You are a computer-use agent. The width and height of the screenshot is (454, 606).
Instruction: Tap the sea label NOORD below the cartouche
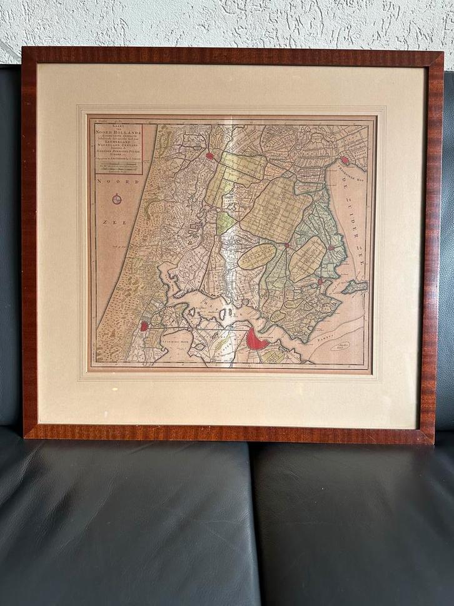coord(111,182)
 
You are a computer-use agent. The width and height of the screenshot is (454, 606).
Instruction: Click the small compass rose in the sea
coord(117,200)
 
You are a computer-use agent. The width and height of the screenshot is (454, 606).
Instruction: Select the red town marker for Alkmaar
coord(210,156)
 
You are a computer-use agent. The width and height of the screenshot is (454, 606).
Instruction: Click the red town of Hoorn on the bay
coord(344,160)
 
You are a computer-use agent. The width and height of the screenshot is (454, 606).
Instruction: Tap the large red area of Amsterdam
coord(256,339)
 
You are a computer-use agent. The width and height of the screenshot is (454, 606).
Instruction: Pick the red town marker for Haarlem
coord(144,326)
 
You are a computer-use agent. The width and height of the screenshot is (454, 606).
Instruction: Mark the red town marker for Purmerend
coord(287,245)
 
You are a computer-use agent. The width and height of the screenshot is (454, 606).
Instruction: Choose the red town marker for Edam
coord(331,248)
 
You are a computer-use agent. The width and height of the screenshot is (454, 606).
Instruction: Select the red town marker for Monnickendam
coord(320,282)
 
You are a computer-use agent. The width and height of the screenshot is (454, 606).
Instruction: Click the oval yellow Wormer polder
coord(257,257)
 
